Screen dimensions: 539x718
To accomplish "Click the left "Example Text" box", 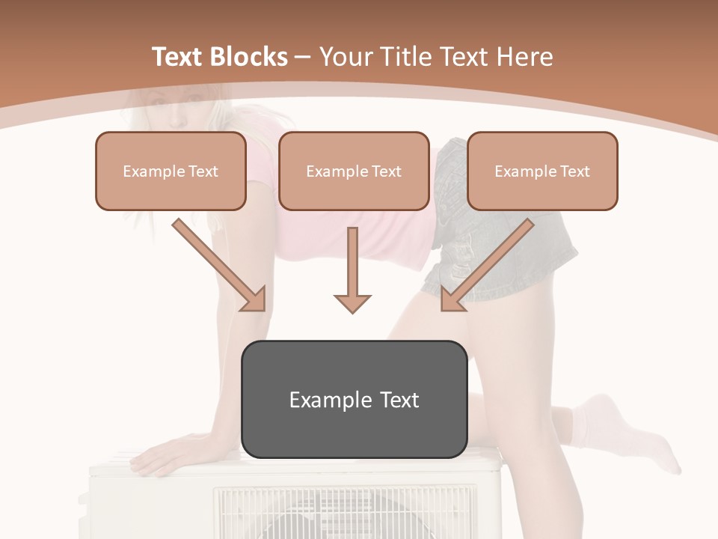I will tap(171, 171).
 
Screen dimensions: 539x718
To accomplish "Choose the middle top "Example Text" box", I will tap(354, 171).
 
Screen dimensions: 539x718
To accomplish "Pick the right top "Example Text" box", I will tap(542, 171).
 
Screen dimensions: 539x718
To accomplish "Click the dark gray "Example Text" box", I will tap(354, 400).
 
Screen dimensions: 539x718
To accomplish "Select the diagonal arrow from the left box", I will tap(220, 265).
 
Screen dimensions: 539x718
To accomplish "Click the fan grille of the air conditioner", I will tap(344, 513).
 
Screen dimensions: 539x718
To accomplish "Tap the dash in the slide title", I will tap(304, 58).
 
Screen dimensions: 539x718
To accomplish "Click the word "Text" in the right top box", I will tap(574, 171).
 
